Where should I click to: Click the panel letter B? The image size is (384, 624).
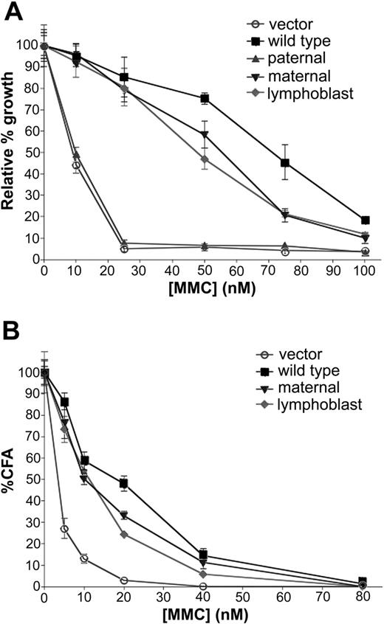tap(11, 330)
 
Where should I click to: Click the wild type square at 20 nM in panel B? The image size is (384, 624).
tap(124, 484)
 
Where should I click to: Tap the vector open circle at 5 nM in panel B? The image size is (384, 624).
tap(64, 529)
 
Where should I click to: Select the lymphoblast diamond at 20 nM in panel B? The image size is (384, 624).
tap(124, 534)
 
